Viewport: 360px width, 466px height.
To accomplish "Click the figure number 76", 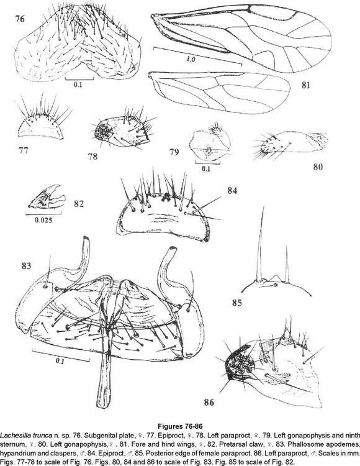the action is tap(20, 19).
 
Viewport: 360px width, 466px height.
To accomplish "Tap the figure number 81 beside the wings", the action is tap(305, 85).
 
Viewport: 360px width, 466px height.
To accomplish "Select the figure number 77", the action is tap(23, 150).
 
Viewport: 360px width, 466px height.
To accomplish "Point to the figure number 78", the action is tap(92, 156).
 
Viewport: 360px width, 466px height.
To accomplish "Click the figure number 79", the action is tap(174, 152).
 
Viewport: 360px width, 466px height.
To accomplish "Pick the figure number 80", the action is tap(318, 167).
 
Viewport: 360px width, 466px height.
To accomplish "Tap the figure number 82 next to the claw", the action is tap(79, 204).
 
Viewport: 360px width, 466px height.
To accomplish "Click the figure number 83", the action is tap(26, 265).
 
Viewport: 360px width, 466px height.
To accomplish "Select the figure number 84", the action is tap(232, 190).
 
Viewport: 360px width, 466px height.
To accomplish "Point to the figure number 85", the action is tap(237, 303).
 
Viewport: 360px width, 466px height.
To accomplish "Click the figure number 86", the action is tap(209, 403).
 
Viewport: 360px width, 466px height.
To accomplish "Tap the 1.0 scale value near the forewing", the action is tap(191, 60).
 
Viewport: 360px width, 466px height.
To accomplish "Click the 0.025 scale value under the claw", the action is tap(43, 220).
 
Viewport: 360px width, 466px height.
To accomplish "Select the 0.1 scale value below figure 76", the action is tap(78, 85).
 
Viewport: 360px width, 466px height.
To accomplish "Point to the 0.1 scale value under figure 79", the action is tap(206, 169).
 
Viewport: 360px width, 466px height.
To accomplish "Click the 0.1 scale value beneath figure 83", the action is tap(60, 362).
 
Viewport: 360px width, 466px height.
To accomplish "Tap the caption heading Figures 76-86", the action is tap(180, 427).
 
